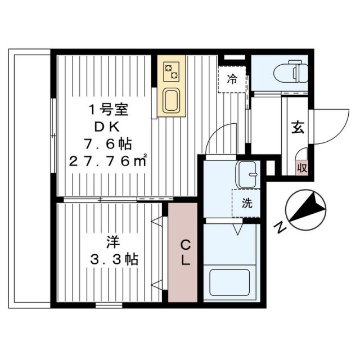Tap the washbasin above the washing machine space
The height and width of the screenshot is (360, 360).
(246, 175)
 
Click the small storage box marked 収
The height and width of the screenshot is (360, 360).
(301, 167)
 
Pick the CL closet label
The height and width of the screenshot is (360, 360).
(183, 253)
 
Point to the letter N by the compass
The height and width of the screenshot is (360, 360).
(280, 227)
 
